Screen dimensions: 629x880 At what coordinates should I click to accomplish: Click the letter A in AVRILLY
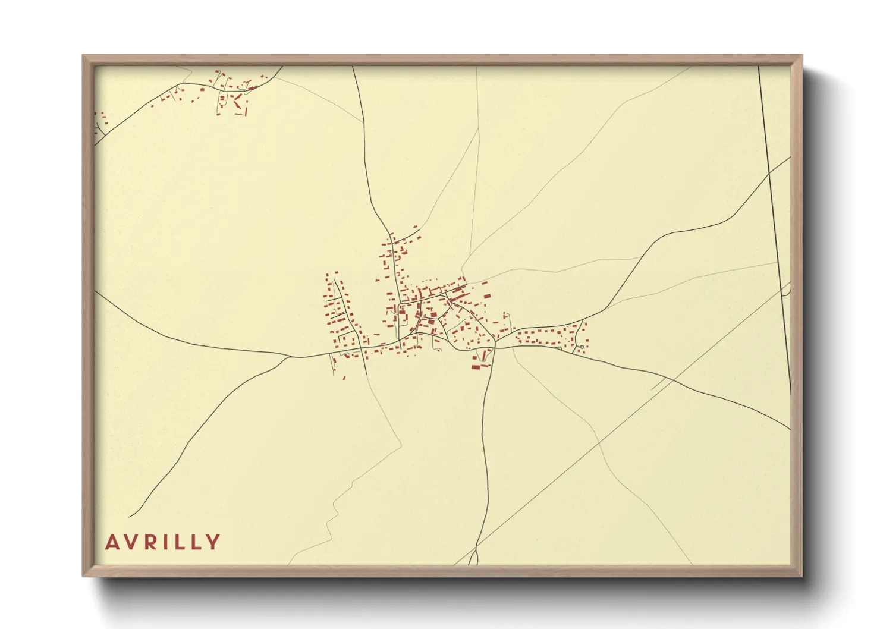[x=112, y=542]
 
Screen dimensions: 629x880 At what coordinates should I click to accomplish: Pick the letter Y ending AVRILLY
[x=213, y=542]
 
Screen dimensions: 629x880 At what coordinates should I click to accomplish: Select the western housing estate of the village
[x=342, y=321]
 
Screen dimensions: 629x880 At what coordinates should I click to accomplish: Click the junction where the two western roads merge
[x=291, y=357]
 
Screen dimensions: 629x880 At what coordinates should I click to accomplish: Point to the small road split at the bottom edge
[x=473, y=558]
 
